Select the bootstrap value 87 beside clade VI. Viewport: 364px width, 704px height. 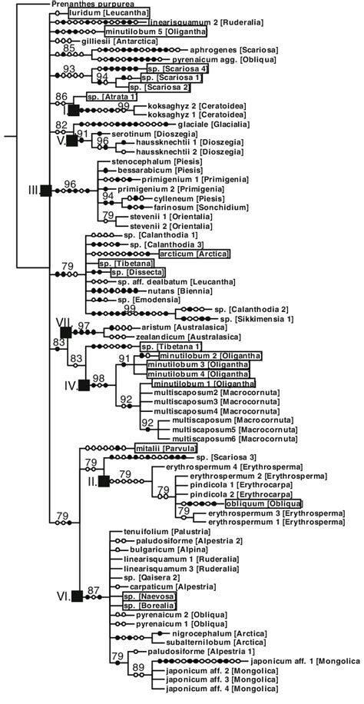click(94, 590)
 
